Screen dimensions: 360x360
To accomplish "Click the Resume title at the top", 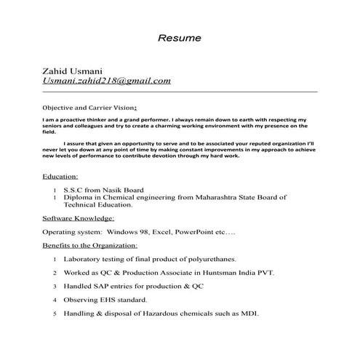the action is pos(180,37).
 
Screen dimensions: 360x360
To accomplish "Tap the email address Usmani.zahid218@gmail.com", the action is pos(107,81).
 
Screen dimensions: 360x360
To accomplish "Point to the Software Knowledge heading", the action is pos(79,218).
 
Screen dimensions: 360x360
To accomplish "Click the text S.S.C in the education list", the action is pos(75,190).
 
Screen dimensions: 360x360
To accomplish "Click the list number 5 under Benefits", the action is pos(55,314).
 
